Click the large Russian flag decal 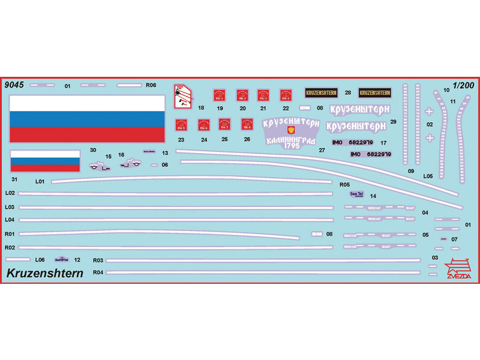(87, 118)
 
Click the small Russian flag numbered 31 (45, 161)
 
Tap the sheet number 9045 (14, 85)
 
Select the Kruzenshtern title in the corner (45, 274)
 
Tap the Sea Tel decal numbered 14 (356, 194)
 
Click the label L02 (9, 193)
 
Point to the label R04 (98, 272)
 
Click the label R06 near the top (151, 85)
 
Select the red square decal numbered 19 (220, 95)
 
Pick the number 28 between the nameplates (348, 92)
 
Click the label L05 (428, 176)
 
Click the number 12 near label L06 (77, 260)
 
